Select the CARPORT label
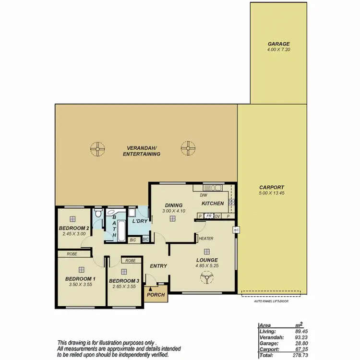[x=272, y=188]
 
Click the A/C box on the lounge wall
[x=236, y=230]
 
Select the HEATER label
[x=206, y=239]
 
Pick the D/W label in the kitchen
[x=203, y=195]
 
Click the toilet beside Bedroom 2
[x=98, y=214]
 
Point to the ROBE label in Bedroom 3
[x=131, y=260]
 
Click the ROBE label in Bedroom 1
[x=72, y=254]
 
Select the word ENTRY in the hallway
[x=158, y=266]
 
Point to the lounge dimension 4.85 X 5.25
[x=206, y=265]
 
